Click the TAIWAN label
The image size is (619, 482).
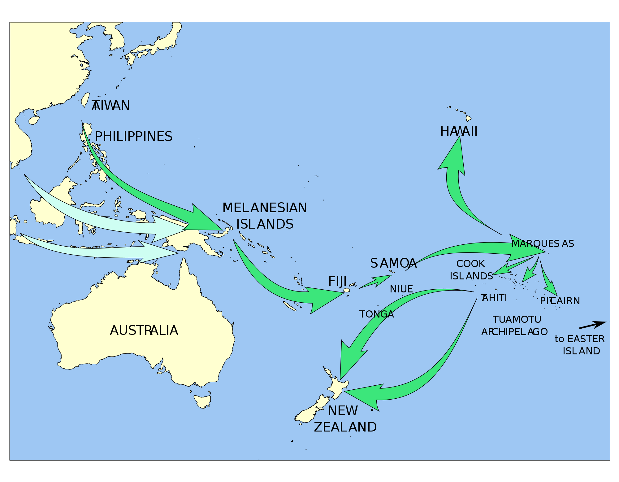[110, 106]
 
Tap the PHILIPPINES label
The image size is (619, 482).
[133, 137]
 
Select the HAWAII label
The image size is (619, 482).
[459, 132]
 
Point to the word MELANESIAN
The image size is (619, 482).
[265, 208]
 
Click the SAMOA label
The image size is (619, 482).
[393, 263]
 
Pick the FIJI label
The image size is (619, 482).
[337, 282]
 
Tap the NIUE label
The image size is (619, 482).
[401, 289]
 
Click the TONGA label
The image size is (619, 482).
[376, 314]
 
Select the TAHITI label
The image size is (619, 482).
[494, 298]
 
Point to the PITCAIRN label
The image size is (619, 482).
[560, 301]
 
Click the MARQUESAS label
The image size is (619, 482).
[543, 244]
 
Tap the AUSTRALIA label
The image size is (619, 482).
[144, 331]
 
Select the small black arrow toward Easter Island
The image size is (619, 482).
[592, 325]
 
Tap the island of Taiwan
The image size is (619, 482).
[85, 99]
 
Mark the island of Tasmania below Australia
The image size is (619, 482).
[203, 401]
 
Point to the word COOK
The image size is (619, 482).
[470, 264]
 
